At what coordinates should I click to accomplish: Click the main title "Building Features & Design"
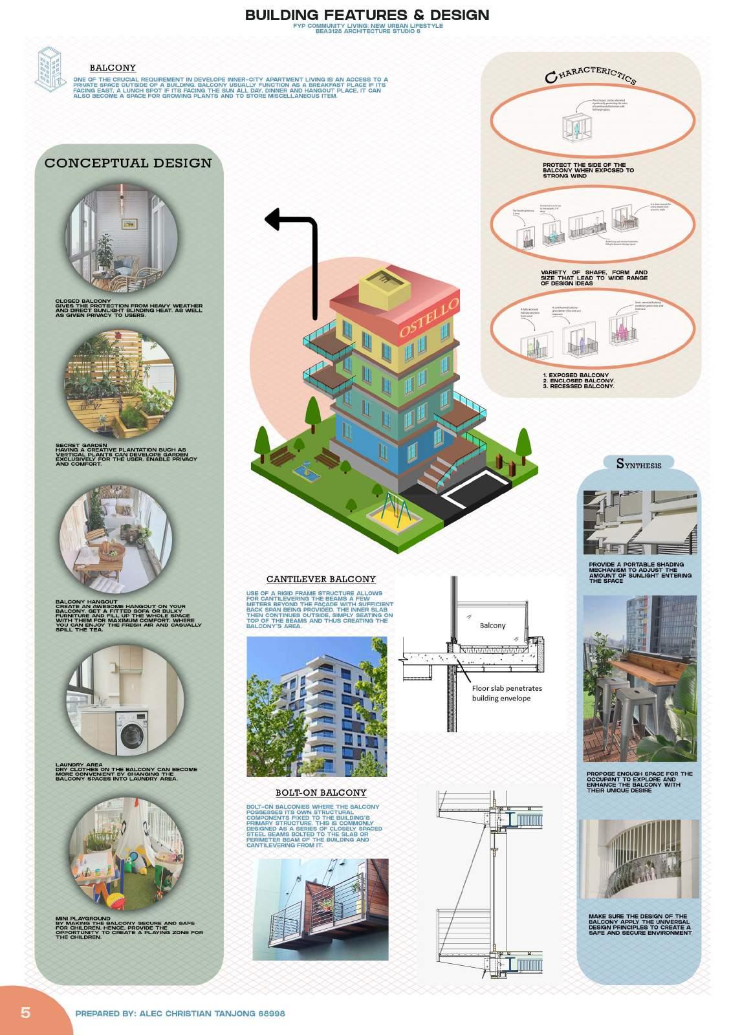pyautogui.click(x=367, y=15)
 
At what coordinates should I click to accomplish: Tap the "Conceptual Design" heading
pyautogui.click(x=128, y=163)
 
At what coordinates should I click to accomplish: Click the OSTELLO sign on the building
pyautogui.click(x=428, y=318)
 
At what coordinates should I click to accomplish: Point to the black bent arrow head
pyautogui.click(x=274, y=219)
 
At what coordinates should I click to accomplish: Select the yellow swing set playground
pyautogui.click(x=395, y=508)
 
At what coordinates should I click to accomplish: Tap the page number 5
pyautogui.click(x=26, y=1012)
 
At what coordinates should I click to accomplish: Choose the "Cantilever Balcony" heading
pyautogui.click(x=321, y=580)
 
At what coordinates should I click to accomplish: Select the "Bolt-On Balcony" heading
pyautogui.click(x=321, y=793)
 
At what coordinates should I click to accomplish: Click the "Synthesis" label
pyautogui.click(x=638, y=464)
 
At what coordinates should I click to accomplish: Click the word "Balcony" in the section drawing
pyautogui.click(x=492, y=626)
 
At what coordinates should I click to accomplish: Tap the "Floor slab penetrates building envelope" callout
pyautogui.click(x=507, y=693)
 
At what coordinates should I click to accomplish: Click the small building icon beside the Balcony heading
pyautogui.click(x=51, y=67)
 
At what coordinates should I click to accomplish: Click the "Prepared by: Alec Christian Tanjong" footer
pyautogui.click(x=180, y=1014)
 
